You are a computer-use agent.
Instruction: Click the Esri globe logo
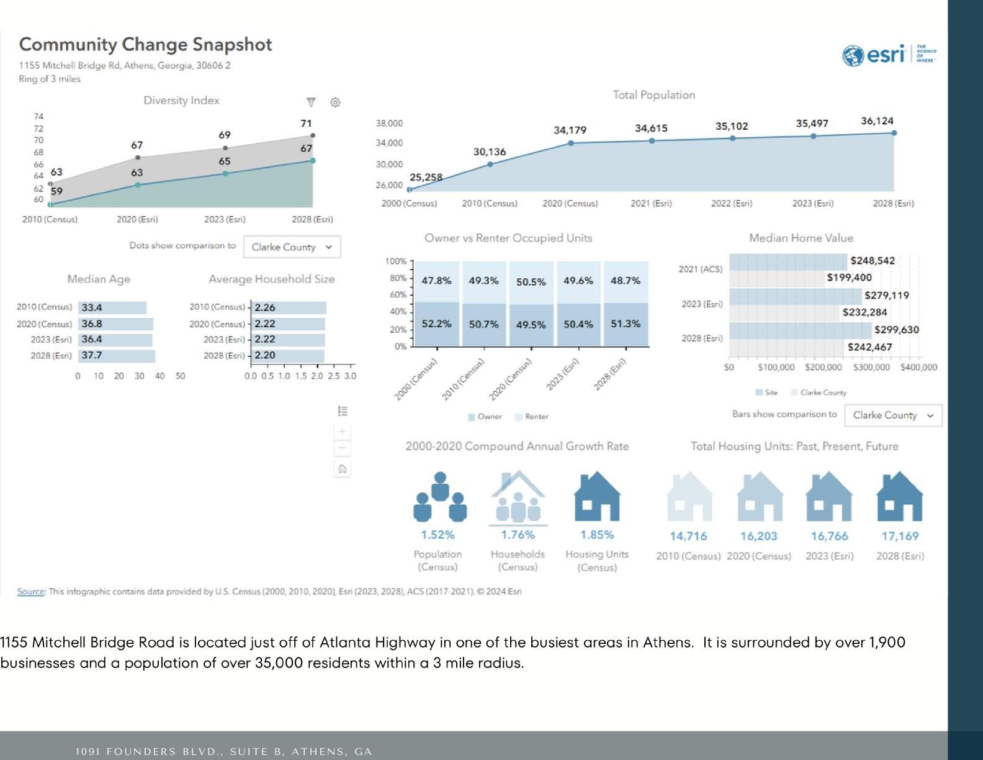[853, 55]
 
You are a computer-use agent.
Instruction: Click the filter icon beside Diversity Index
[311, 102]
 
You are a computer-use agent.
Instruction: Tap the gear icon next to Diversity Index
[335, 102]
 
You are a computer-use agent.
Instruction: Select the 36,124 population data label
[877, 121]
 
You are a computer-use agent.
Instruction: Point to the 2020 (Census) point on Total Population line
[571, 143]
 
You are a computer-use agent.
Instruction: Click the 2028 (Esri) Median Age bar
[117, 356]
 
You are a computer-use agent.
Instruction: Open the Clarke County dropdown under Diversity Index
[292, 247]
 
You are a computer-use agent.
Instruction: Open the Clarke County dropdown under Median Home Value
[892, 415]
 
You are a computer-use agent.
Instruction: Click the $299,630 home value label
[896, 330]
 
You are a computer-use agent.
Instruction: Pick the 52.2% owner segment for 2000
[436, 324]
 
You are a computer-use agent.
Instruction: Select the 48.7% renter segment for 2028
[626, 281]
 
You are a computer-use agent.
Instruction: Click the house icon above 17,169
[899, 496]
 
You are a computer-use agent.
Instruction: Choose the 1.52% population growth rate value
[438, 535]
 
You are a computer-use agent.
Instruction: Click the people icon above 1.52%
[439, 497]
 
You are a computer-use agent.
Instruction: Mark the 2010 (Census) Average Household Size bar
[289, 308]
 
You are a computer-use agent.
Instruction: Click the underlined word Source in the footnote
[30, 592]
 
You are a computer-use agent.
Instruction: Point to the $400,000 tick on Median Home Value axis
[918, 368]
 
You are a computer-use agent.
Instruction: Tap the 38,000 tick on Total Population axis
[389, 124]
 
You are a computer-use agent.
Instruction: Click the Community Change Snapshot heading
[145, 45]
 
